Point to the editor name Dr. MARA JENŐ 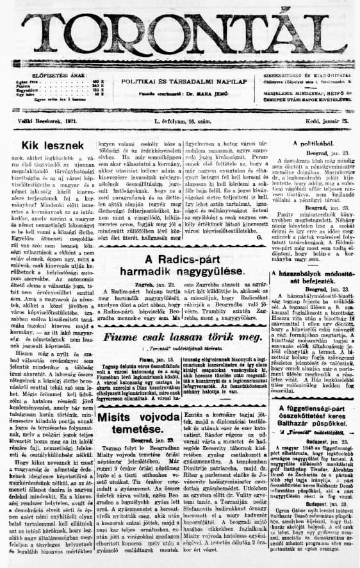(x=204, y=94)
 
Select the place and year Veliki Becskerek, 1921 (x=40, y=122)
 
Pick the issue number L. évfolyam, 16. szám (x=179, y=122)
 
